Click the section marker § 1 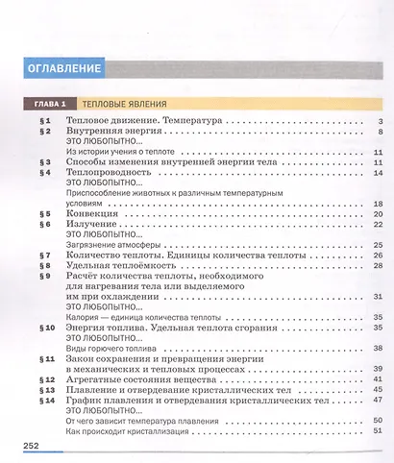pos(43,121)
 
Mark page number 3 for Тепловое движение pos(382,121)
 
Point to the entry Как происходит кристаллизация pos(125,432)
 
